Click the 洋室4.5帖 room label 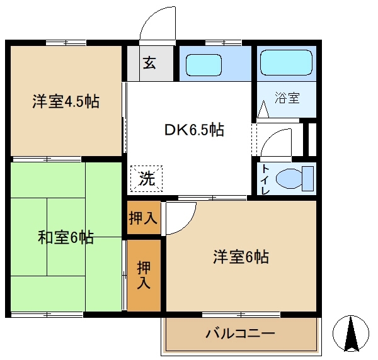pos(66,102)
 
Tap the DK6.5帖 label pos(194,130)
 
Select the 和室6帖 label pos(66,237)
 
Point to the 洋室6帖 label pos(241,257)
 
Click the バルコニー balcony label pos(240,333)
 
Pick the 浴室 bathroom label pos(287,98)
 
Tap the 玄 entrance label pos(150,63)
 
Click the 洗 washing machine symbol pos(146,178)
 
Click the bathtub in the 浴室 pos(286,63)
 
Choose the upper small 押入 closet pos(144,218)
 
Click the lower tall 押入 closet pos(144,275)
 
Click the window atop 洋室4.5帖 pos(66,43)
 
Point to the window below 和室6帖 pos(47,313)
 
